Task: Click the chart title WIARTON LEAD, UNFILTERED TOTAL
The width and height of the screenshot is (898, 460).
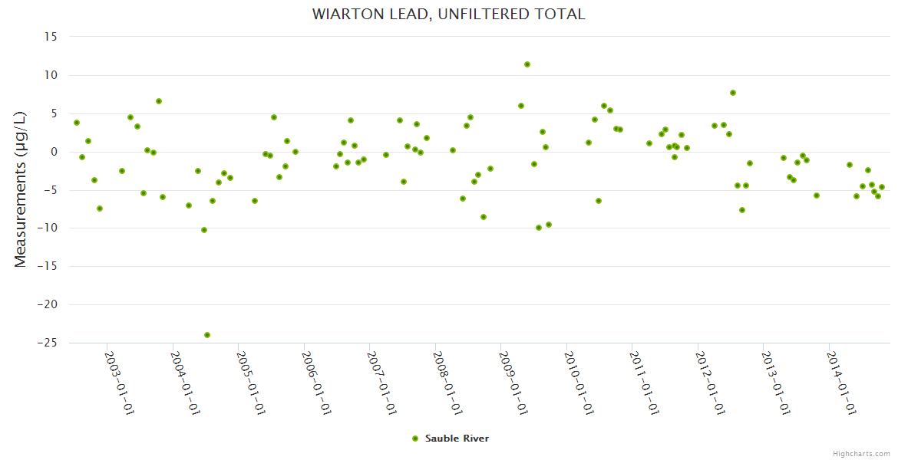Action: pyautogui.click(x=448, y=14)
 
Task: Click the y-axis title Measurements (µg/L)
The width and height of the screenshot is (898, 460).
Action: pyautogui.click(x=21, y=189)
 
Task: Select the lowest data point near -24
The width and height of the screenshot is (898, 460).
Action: pyautogui.click(x=207, y=335)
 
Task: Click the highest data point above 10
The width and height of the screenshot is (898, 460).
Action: pyautogui.click(x=527, y=64)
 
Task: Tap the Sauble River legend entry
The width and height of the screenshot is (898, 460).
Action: pyautogui.click(x=457, y=439)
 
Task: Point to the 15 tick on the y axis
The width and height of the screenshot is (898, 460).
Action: pyautogui.click(x=51, y=37)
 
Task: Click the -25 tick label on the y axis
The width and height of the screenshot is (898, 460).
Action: pyautogui.click(x=48, y=343)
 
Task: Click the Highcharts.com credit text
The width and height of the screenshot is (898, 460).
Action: pyautogui.click(x=861, y=453)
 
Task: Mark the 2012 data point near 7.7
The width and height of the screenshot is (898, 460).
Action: pyautogui.click(x=733, y=93)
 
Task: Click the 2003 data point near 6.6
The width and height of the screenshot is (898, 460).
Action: pyautogui.click(x=159, y=101)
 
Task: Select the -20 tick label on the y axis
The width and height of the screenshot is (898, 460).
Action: pyautogui.click(x=48, y=304)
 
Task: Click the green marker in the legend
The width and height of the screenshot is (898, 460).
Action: pyautogui.click(x=416, y=439)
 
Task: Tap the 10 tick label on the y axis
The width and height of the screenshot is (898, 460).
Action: pyautogui.click(x=51, y=75)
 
